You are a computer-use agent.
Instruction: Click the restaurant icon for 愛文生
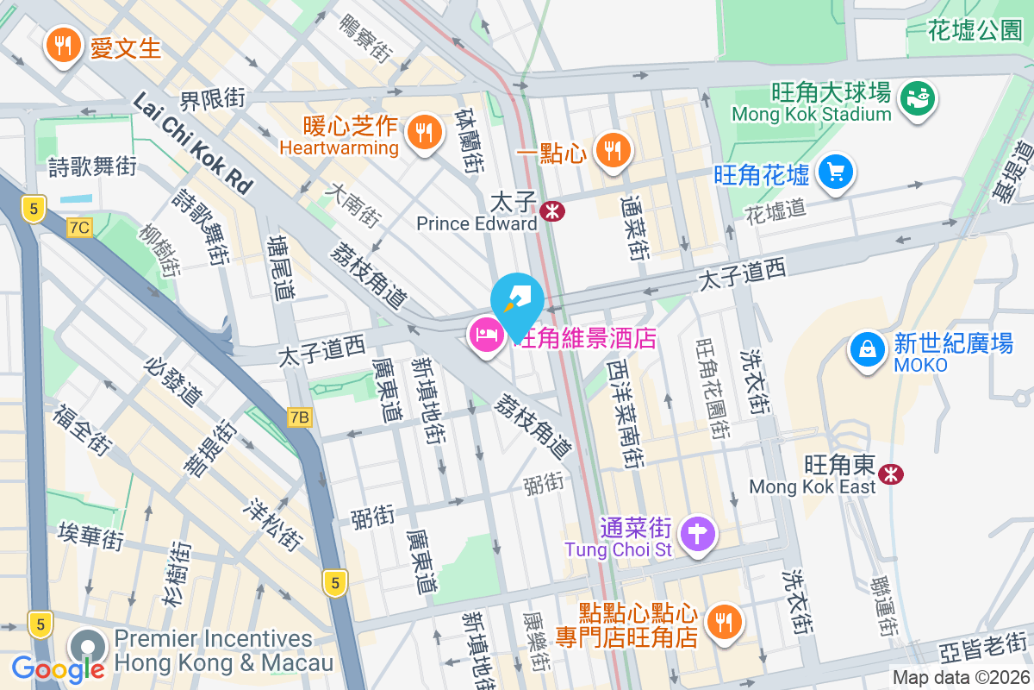pyautogui.click(x=63, y=45)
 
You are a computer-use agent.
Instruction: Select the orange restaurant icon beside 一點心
pyautogui.click(x=613, y=151)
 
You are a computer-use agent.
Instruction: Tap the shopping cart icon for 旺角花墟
pyautogui.click(x=834, y=172)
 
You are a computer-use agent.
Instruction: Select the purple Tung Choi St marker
pyautogui.click(x=698, y=532)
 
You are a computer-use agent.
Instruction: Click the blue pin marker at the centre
pyautogui.click(x=517, y=299)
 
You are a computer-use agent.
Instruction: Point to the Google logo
pyautogui.click(x=58, y=668)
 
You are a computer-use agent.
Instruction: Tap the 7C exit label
pyautogui.click(x=79, y=228)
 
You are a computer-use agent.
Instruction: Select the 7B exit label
pyautogui.click(x=299, y=417)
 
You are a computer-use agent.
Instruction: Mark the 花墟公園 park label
pyautogui.click(x=975, y=32)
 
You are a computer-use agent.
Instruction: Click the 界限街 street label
pyautogui.click(x=213, y=98)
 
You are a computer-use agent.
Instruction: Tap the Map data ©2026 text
pyautogui.click(x=960, y=678)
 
